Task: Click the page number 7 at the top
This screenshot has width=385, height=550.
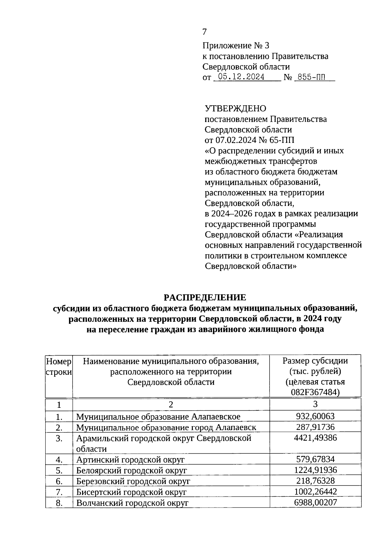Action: [205, 32]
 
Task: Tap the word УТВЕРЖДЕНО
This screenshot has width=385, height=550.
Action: [235, 109]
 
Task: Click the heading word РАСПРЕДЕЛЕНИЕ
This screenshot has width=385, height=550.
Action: [205, 297]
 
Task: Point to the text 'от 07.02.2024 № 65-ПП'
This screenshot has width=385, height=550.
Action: [249, 140]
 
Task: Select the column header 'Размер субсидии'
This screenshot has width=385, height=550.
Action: [315, 361]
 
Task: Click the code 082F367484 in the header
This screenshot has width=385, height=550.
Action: [315, 392]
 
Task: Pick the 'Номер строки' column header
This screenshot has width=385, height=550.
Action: [59, 367]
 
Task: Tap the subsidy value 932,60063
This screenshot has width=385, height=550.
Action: [315, 416]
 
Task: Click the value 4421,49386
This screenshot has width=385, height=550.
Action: [315, 438]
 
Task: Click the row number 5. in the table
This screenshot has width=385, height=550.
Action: [59, 470]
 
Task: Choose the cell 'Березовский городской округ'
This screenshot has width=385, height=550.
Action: [133, 481]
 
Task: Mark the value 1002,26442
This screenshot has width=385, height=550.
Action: [315, 492]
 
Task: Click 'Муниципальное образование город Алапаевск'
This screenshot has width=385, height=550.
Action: [166, 427]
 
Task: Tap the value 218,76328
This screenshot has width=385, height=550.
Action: [315, 481]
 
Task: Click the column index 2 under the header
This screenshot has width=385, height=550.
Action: [171, 404]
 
